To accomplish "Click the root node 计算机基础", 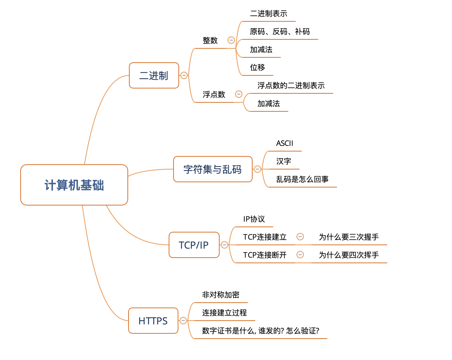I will [x=74, y=185].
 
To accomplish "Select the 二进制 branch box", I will [x=154, y=75].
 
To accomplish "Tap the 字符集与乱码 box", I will [x=213, y=169].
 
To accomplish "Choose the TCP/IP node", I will [x=194, y=245].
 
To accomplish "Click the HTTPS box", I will [x=153, y=321].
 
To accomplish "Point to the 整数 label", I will [x=210, y=40].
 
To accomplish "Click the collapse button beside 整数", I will [x=231, y=40].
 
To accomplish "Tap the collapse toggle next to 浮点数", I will [x=239, y=94].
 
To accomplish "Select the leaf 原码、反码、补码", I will [x=280, y=31].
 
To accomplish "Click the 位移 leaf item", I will [x=257, y=67].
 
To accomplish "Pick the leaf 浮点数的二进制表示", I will [x=291, y=85].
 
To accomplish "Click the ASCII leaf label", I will [x=284, y=143].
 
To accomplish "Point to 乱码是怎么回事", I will [x=302, y=179].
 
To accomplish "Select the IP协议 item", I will [x=254, y=219].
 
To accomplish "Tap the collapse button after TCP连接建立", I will [x=300, y=237].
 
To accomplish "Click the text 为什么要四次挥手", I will [x=349, y=255].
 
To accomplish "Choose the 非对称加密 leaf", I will [x=220, y=295].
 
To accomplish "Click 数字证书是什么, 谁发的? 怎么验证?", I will [x=260, y=331].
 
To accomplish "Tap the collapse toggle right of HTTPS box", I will [x=183, y=321].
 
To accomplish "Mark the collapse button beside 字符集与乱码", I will [x=257, y=169].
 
